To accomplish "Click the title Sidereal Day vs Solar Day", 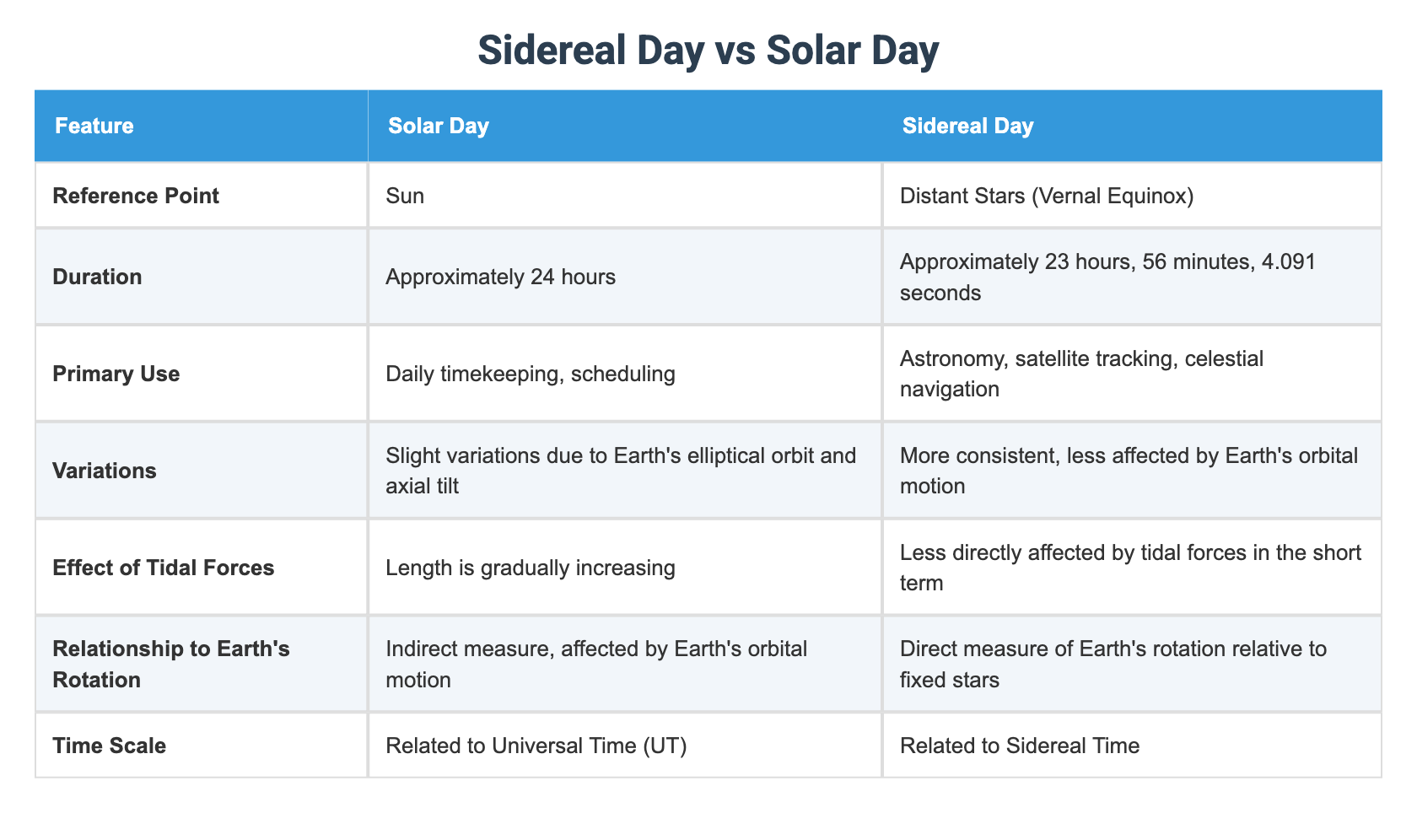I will (x=708, y=51).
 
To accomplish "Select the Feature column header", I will (x=94, y=127).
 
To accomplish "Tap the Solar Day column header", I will (x=438, y=127).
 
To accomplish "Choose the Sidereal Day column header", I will (x=967, y=127).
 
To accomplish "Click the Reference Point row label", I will (x=136, y=196).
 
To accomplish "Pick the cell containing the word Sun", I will (x=405, y=196).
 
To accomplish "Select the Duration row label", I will (x=97, y=277).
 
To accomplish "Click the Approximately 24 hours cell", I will (x=500, y=277).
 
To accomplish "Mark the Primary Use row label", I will (x=116, y=374).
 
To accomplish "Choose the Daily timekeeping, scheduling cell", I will (x=530, y=374).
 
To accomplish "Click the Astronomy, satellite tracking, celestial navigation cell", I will (x=1081, y=374).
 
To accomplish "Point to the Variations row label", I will (x=105, y=471).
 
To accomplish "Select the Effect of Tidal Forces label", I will (x=164, y=568).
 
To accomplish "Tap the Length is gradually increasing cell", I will (x=530, y=568).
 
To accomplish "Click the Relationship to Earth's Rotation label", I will (x=170, y=664).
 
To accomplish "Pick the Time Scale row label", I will (x=110, y=746).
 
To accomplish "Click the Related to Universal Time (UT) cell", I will (x=536, y=746).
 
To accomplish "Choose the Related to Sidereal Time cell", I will (x=1019, y=746).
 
